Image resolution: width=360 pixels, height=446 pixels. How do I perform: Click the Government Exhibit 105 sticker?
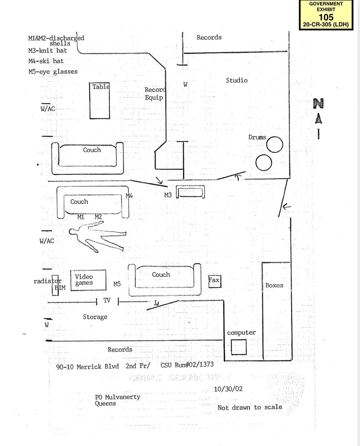pos(326,15)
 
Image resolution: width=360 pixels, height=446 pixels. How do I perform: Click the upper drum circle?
pos(274,145)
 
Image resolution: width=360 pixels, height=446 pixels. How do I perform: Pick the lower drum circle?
pos(263,162)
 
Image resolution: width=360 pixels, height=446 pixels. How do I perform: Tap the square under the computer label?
pos(238,347)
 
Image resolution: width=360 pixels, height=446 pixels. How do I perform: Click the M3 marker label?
pos(168,195)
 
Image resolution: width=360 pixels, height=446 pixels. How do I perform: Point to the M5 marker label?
pos(117,284)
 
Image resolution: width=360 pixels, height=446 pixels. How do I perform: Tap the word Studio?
pos(237,80)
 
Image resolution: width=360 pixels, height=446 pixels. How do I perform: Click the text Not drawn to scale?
pos(250,407)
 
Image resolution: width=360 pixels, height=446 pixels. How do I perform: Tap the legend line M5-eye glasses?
pos(52,72)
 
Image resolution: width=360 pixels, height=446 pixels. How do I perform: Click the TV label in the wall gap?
pos(107,300)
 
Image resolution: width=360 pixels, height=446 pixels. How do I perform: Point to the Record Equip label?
pos(155,93)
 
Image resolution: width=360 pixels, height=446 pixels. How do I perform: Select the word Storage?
pos(95,317)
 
